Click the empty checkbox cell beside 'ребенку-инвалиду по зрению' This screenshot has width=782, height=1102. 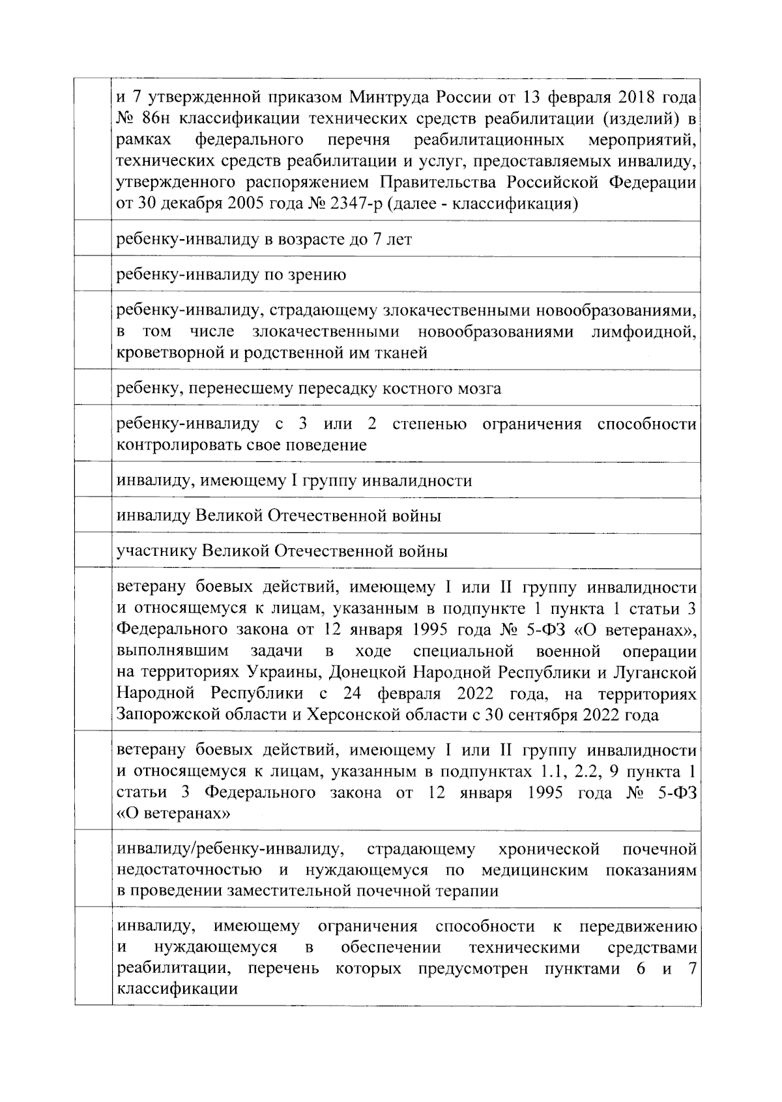[93, 274]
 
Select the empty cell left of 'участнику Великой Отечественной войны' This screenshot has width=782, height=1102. [93, 551]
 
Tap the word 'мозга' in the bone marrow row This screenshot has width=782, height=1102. [480, 389]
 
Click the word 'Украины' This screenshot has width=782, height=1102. [284, 672]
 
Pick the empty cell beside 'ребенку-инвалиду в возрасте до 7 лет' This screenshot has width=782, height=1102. [93, 239]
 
